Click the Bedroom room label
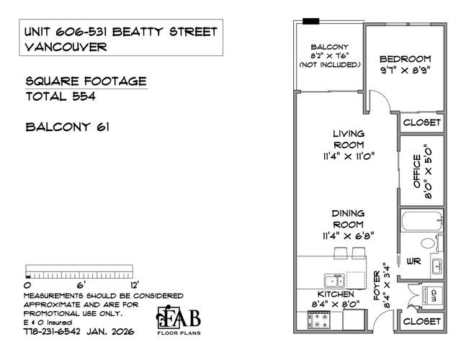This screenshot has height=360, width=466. tap(405, 59)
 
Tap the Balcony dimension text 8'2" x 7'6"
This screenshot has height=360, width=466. tap(330, 56)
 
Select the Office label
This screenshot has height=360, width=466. tap(417, 171)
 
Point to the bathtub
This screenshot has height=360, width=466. tap(422, 220)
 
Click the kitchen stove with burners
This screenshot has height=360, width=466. tap(318, 320)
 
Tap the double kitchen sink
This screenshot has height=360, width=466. tap(334, 281)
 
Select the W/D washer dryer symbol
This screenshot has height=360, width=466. tap(432, 295)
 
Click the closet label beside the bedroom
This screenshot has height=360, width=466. tap(422, 122)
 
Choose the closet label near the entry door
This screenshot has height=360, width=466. tap(422, 321)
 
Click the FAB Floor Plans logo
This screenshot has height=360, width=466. tap(179, 320)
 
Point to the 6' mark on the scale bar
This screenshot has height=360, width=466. tap(81, 285)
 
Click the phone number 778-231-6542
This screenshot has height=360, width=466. tap(52, 331)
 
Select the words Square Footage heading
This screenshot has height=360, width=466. tap(86, 81)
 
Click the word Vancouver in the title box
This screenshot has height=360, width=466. tap(66, 47)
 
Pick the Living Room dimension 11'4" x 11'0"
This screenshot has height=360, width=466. tap(349, 156)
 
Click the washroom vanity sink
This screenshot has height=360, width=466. tap(437, 266)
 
